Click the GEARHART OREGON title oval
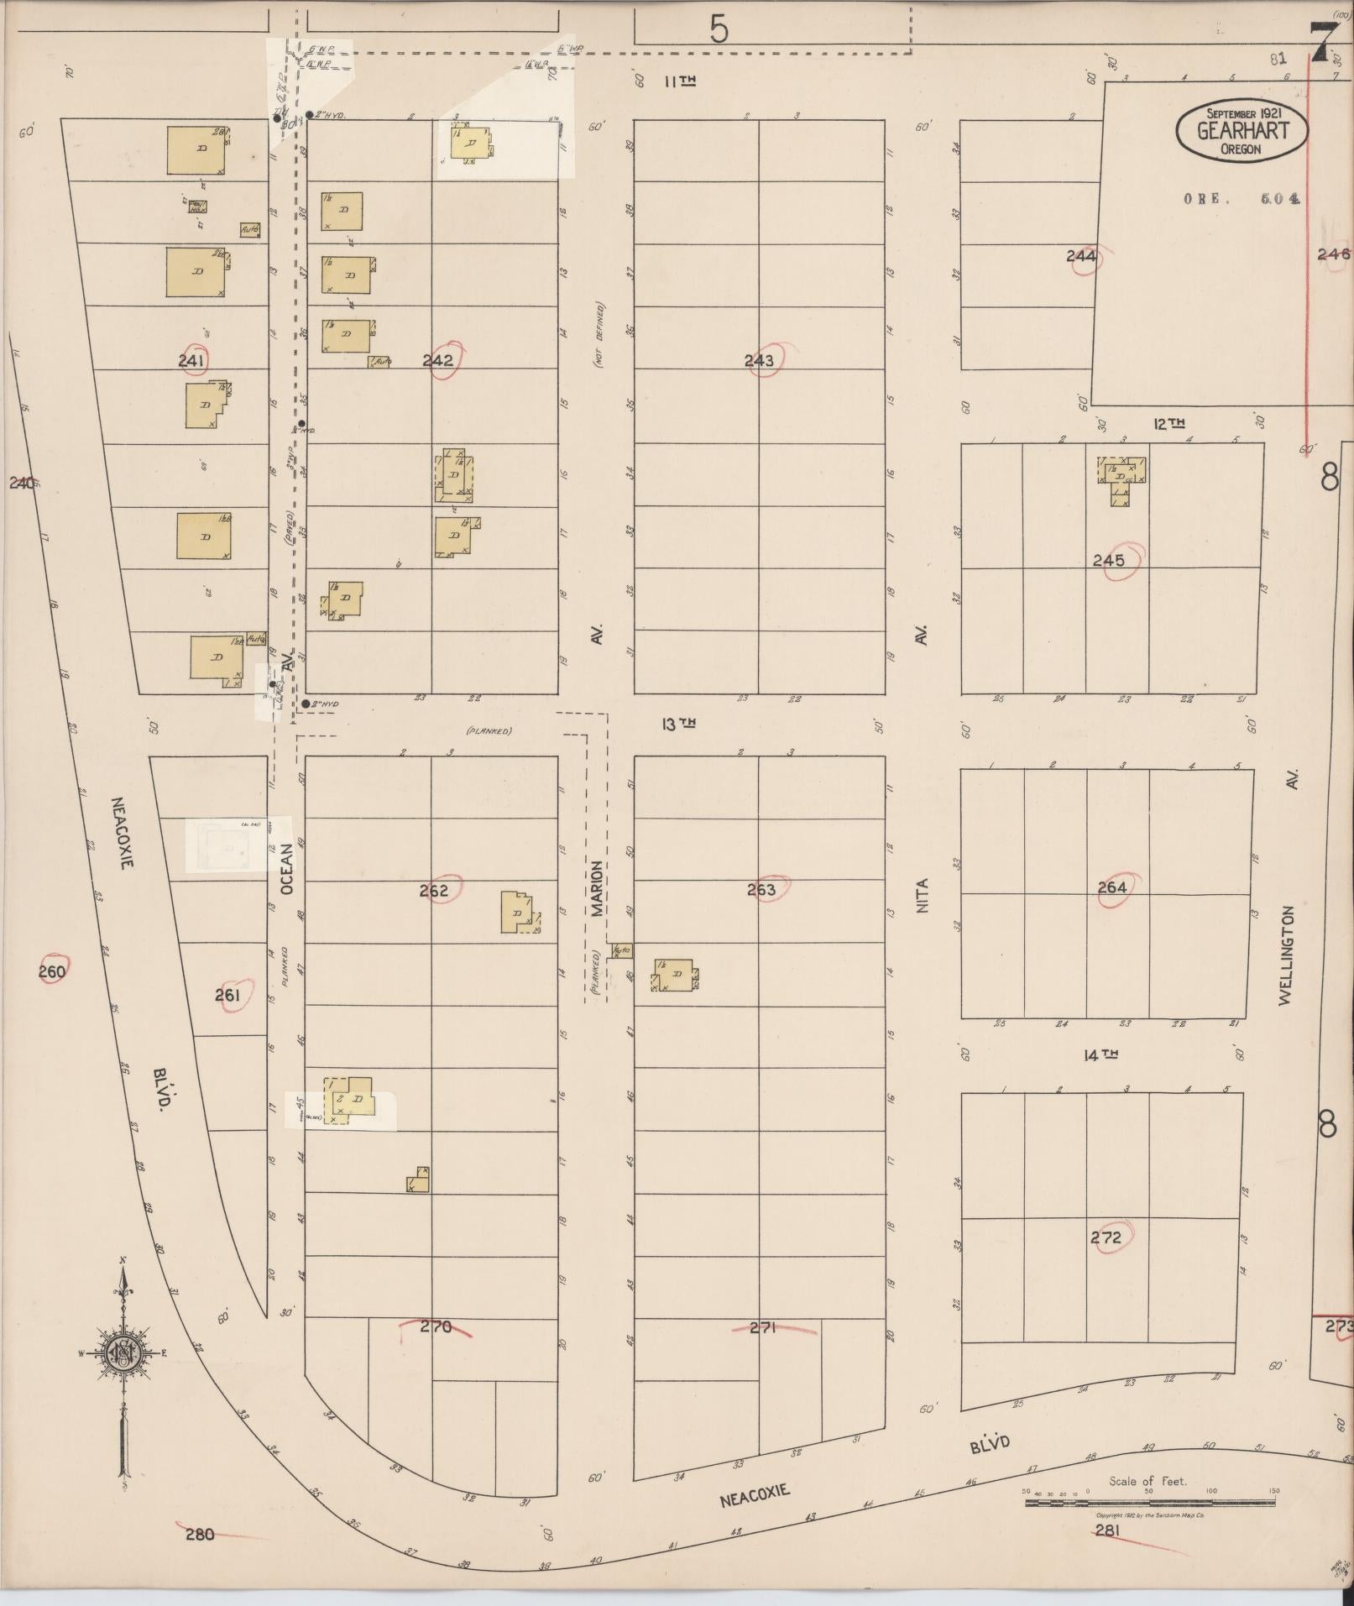pos(1242,133)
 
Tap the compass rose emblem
pos(123,1352)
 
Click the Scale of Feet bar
pos(1150,1502)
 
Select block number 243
pos(759,361)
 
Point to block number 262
pos(434,891)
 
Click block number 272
pos(1106,1237)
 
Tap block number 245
pos(1109,561)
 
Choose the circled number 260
pos(52,972)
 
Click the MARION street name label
pos(596,888)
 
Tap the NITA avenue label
pos(923,896)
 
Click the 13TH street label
pos(678,724)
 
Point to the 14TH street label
pos(1100,1055)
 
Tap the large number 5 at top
pos(719,30)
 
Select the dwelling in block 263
pos(676,976)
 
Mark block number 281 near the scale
pos(1107,1530)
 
